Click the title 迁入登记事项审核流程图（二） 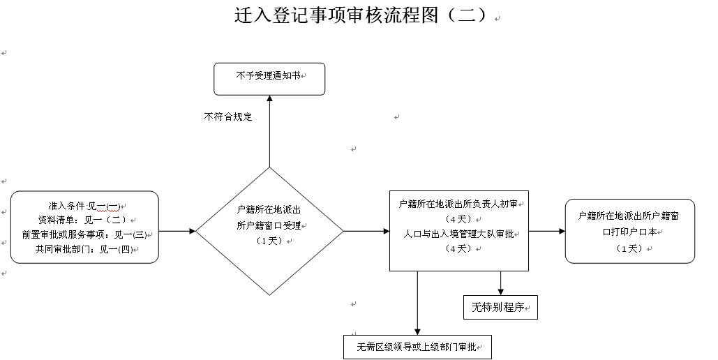coord(360,15)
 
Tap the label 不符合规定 coord(228,117)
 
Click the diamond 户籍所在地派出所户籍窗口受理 coord(269,230)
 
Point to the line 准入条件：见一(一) coord(85,207)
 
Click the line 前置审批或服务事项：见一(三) coord(84,234)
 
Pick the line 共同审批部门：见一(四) coord(86,248)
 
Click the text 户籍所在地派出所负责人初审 coord(458,204)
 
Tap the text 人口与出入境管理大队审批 coord(458,234)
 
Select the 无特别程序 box coord(500,307)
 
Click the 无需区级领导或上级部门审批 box coord(417,347)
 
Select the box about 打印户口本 coord(629,231)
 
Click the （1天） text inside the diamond coord(269,241)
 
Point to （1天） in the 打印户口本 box coord(629,248)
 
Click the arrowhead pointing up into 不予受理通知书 coord(269,99)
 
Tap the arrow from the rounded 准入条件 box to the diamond coord(177,230)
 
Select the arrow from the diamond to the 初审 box coord(366,230)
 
